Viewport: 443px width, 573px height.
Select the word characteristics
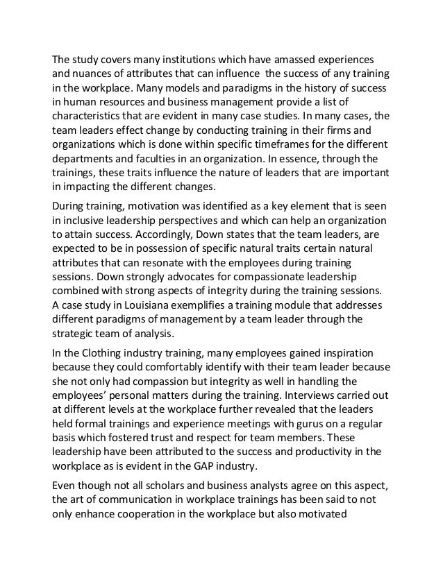90,115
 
